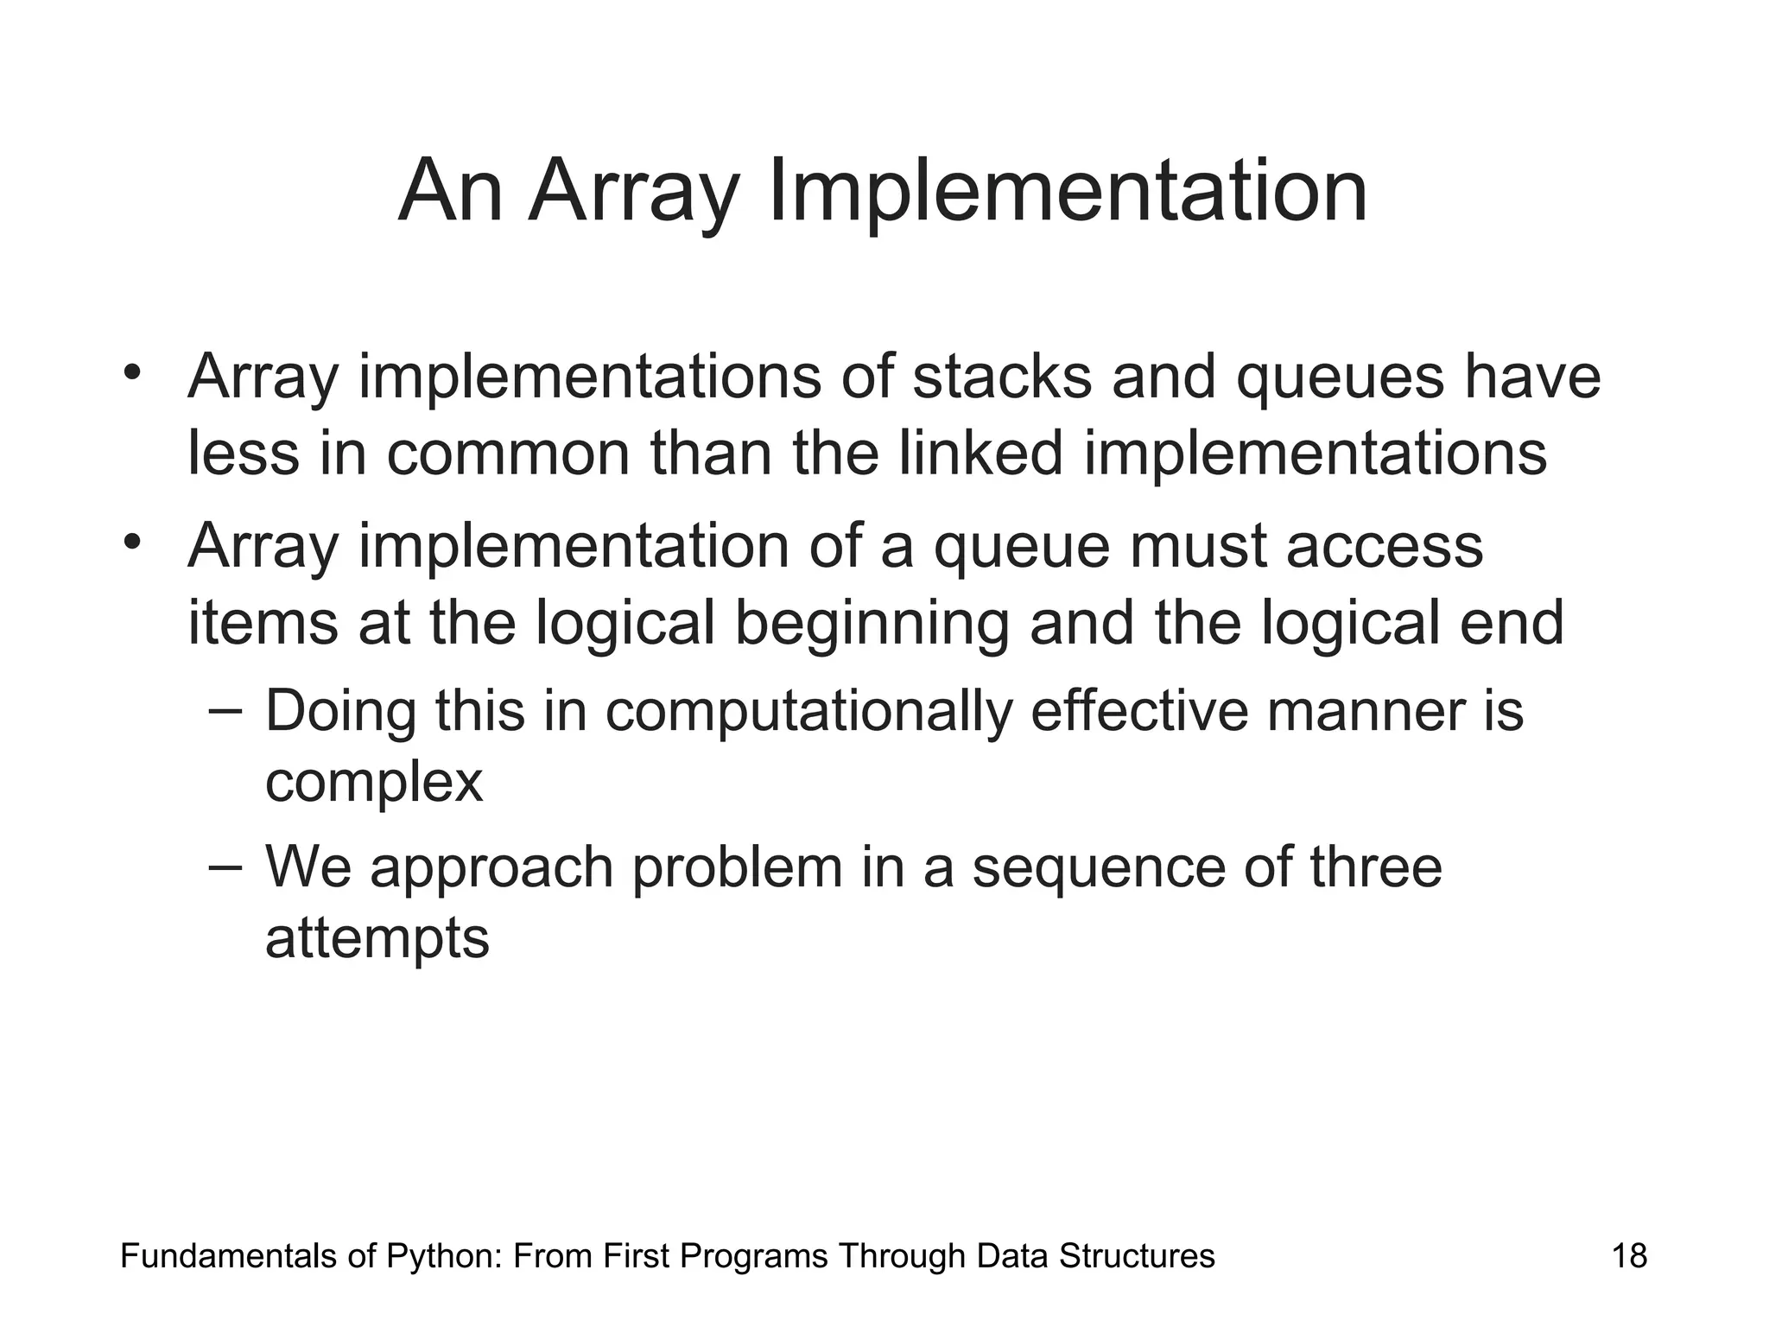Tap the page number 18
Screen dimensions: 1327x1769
click(1629, 1255)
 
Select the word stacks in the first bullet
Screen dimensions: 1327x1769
click(1002, 378)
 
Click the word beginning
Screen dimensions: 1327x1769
click(872, 624)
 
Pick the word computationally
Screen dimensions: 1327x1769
click(808, 712)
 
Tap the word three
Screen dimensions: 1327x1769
click(1376, 867)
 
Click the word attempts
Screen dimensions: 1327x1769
click(377, 939)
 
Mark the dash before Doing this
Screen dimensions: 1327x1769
click(226, 710)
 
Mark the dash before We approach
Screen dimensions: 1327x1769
click(226, 866)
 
